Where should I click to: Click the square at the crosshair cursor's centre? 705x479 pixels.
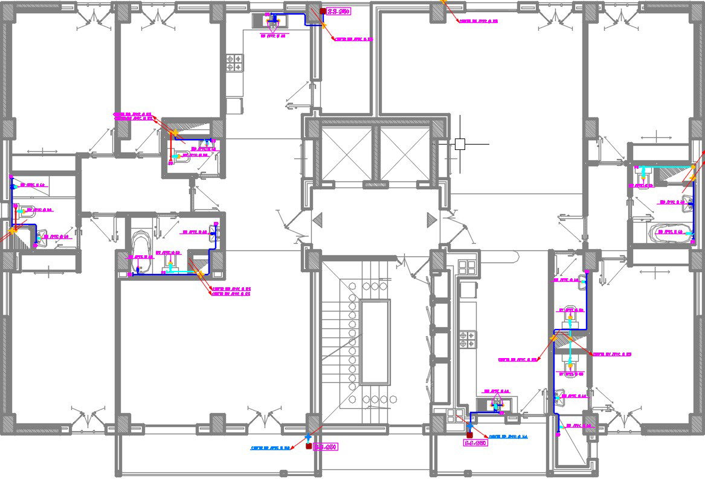tap(460, 144)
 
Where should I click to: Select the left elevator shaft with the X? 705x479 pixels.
tap(346, 154)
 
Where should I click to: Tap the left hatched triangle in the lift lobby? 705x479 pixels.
tap(318, 219)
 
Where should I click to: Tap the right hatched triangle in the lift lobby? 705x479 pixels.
tap(431, 219)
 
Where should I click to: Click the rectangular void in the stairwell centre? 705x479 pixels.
tap(375, 342)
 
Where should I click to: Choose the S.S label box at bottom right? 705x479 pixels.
tap(475, 443)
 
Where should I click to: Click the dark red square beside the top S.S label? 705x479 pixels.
tap(324, 11)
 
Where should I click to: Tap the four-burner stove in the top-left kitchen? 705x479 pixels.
tap(235, 63)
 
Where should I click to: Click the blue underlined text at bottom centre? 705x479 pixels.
tap(270, 448)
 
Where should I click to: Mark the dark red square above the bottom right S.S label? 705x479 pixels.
tap(469, 434)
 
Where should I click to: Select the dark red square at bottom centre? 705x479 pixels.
tap(309, 446)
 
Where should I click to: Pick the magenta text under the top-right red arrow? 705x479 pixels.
tap(478, 21)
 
